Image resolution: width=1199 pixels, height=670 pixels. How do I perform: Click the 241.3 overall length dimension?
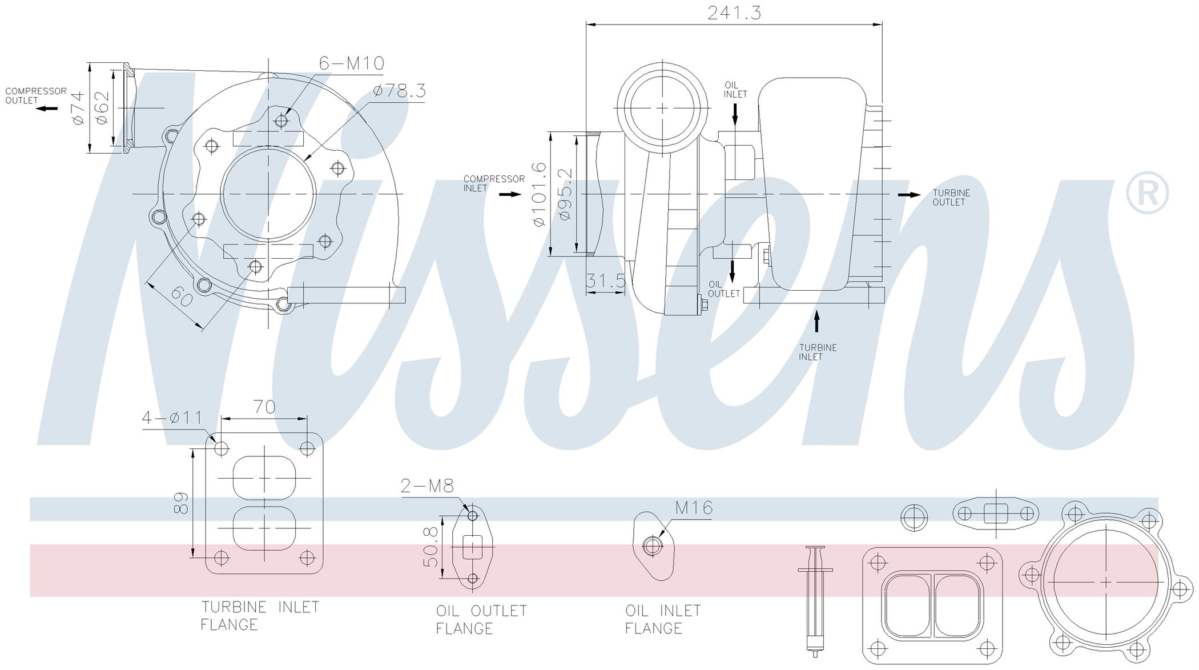point(734,13)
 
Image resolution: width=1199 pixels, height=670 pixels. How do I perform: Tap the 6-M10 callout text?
point(352,63)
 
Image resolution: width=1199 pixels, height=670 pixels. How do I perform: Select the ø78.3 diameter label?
point(400,91)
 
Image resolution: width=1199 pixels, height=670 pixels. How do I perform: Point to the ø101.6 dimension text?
point(539,194)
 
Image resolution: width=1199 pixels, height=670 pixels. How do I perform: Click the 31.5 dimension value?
point(606,280)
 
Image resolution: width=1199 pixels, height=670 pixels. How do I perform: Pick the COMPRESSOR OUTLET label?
point(36,95)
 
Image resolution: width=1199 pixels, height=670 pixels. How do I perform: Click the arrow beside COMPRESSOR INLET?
point(510,194)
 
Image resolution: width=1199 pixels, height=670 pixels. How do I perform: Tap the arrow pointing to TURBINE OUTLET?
point(909,195)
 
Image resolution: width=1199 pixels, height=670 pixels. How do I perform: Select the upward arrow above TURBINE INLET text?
point(817,320)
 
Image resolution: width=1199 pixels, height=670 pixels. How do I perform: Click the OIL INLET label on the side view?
point(735,90)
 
